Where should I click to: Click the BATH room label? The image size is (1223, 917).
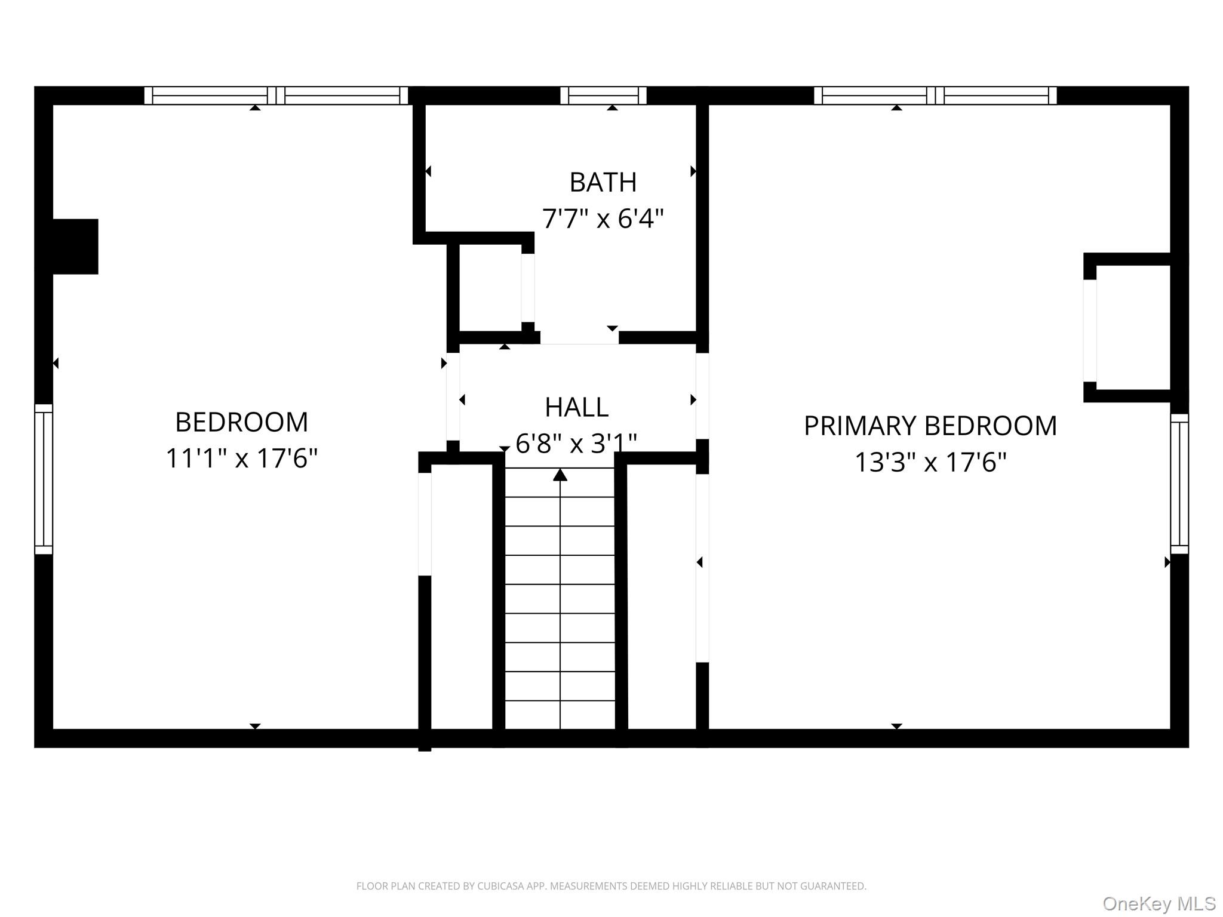tap(603, 182)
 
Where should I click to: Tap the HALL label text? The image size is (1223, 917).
tap(576, 408)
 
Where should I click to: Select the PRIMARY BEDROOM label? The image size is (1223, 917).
tap(930, 426)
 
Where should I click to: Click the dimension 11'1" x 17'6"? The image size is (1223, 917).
tap(241, 458)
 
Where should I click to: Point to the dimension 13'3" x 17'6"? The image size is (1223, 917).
tap(930, 462)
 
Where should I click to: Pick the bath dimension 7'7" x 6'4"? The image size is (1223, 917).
tap(603, 219)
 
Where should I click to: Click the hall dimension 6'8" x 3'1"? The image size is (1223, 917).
tap(576, 444)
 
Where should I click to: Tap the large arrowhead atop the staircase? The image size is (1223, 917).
tap(560, 475)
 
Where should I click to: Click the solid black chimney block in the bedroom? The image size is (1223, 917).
tap(75, 247)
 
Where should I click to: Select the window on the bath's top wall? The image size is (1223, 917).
tap(603, 96)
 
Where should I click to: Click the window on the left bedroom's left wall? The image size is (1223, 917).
tap(44, 479)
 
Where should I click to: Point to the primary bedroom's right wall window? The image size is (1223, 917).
tap(1179, 484)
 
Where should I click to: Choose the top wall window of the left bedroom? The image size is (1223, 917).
tap(276, 96)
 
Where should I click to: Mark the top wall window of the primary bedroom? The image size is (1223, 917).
tap(935, 96)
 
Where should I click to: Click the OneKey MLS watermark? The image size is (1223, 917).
tap(1159, 904)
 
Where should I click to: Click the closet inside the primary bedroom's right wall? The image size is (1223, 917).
tap(1133, 328)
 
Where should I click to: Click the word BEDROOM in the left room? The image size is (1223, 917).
tap(241, 422)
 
